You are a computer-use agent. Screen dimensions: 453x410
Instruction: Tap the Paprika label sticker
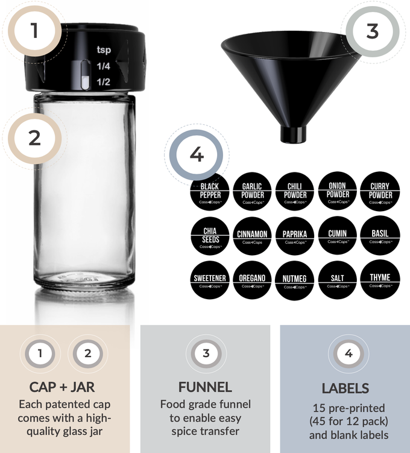point(295,235)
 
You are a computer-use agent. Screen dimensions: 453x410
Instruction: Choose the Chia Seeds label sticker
point(209,235)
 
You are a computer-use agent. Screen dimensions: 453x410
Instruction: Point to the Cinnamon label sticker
point(252,235)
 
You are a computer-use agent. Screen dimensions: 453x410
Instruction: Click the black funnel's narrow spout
point(294,133)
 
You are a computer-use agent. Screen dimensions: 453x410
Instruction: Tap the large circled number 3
point(372,31)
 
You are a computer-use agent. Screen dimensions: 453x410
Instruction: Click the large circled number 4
point(197,154)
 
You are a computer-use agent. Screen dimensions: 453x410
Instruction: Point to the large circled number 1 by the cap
point(34,31)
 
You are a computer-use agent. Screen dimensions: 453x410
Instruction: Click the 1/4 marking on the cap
point(104,66)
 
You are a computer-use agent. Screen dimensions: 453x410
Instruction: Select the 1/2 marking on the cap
point(104,81)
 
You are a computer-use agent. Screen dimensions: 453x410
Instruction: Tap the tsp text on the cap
point(104,51)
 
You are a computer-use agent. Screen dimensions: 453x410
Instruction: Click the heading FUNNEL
point(205,387)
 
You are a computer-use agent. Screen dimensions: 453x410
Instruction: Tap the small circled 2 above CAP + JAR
point(88,354)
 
